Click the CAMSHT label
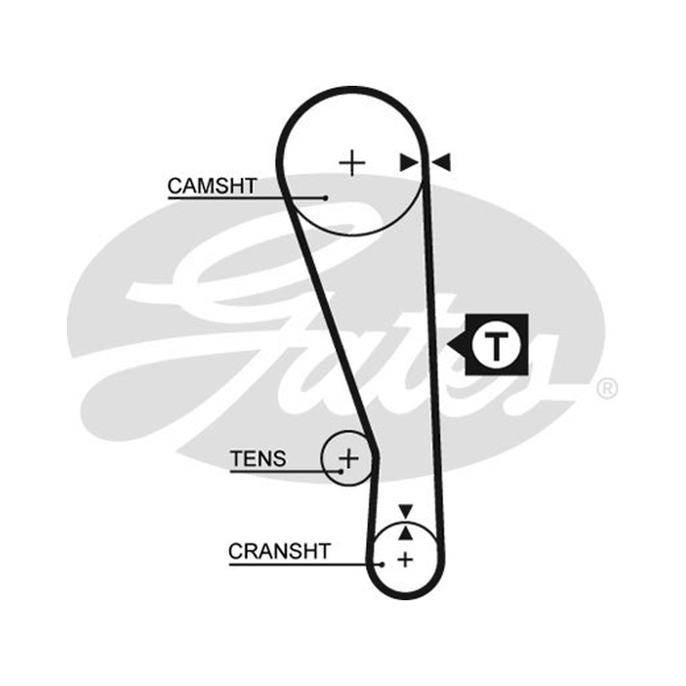tap(212, 186)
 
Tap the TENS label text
tap(258, 459)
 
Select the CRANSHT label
tap(280, 551)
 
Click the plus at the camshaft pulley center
tap(352, 163)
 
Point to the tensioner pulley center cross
tap(349, 459)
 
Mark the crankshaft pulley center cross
tap(406, 560)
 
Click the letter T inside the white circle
tap(496, 346)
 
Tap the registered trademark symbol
tap(607, 388)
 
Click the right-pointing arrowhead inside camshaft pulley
tap(408, 162)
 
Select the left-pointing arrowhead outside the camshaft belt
tap(441, 162)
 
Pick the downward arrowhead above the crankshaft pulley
tap(406, 510)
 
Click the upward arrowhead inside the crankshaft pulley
tap(406, 533)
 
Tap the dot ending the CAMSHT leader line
tap(325, 198)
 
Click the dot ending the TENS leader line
tap(340, 471)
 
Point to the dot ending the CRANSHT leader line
tap(382, 564)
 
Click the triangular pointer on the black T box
tap(456, 346)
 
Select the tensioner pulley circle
tap(322, 459)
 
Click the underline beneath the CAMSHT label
tap(246, 198)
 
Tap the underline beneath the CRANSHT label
tap(305, 564)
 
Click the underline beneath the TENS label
tap(286, 471)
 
